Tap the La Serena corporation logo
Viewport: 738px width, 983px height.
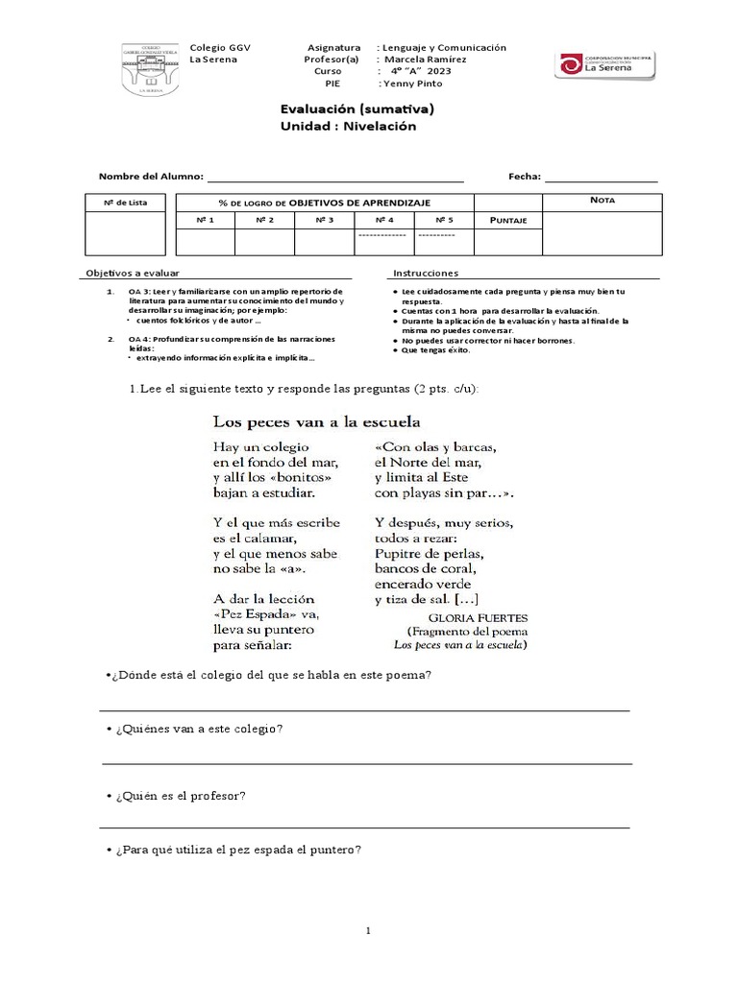606,65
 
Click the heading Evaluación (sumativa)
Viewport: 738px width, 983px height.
357,109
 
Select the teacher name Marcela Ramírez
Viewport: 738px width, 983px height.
425,60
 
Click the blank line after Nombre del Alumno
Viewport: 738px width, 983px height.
335,178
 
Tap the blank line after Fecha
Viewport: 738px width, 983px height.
602,178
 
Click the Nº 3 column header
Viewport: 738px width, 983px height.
324,221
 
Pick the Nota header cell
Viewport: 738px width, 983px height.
603,201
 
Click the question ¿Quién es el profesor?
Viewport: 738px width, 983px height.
178,796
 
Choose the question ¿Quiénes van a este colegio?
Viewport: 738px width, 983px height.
196,729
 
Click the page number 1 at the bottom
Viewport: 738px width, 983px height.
368,930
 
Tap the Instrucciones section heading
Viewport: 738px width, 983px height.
426,274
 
